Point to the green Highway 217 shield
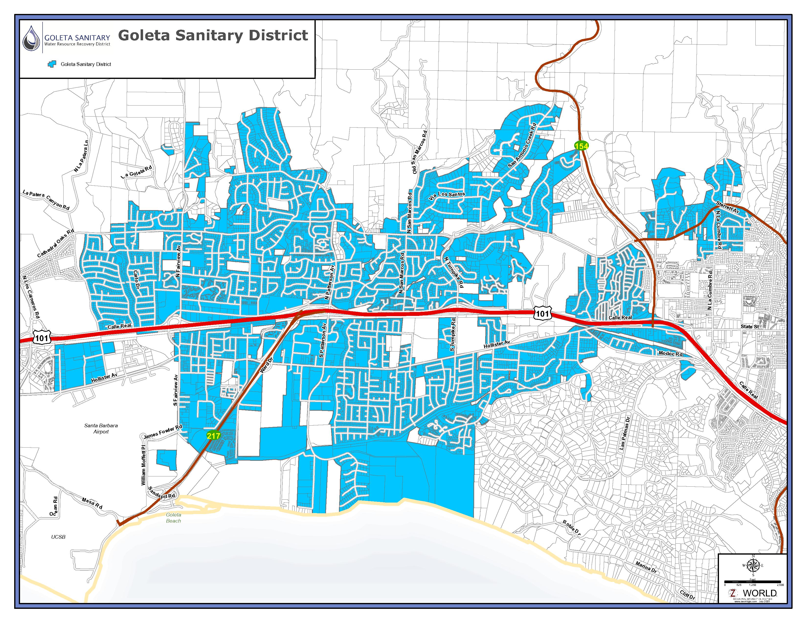pos(213,436)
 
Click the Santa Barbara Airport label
pos(101,429)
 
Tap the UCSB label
pos(58,537)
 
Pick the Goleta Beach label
pos(173,518)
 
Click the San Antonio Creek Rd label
pos(522,146)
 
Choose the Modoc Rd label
pos(670,354)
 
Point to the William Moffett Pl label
pos(143,465)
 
